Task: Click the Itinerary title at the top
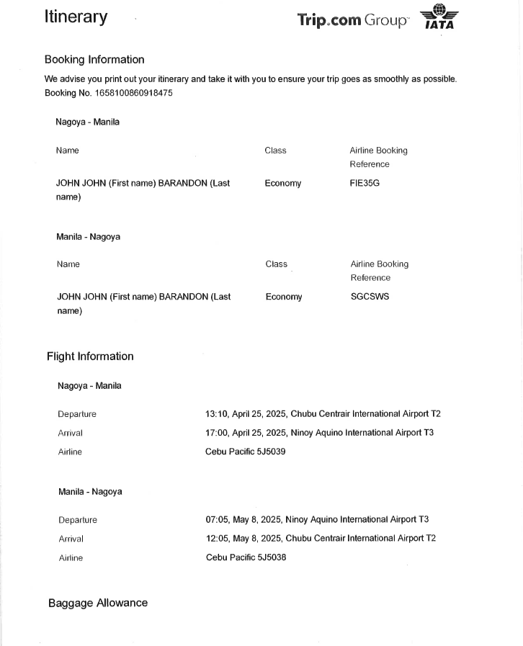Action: click(76, 17)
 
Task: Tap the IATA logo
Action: click(439, 17)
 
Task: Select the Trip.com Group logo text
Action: click(352, 20)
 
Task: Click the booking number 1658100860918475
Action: click(128, 93)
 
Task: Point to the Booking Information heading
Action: click(94, 60)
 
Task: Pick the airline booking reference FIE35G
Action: click(365, 183)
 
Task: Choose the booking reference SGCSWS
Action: click(370, 297)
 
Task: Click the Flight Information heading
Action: click(90, 356)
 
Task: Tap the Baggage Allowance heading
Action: click(98, 603)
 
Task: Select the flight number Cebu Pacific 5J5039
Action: click(246, 452)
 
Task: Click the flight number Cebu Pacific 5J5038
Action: click(246, 557)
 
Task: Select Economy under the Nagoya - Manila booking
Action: click(282, 184)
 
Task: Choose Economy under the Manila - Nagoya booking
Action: click(284, 297)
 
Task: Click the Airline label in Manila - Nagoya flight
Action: click(71, 557)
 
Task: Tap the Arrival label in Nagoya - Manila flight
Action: click(70, 433)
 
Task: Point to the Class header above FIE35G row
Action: click(275, 151)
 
